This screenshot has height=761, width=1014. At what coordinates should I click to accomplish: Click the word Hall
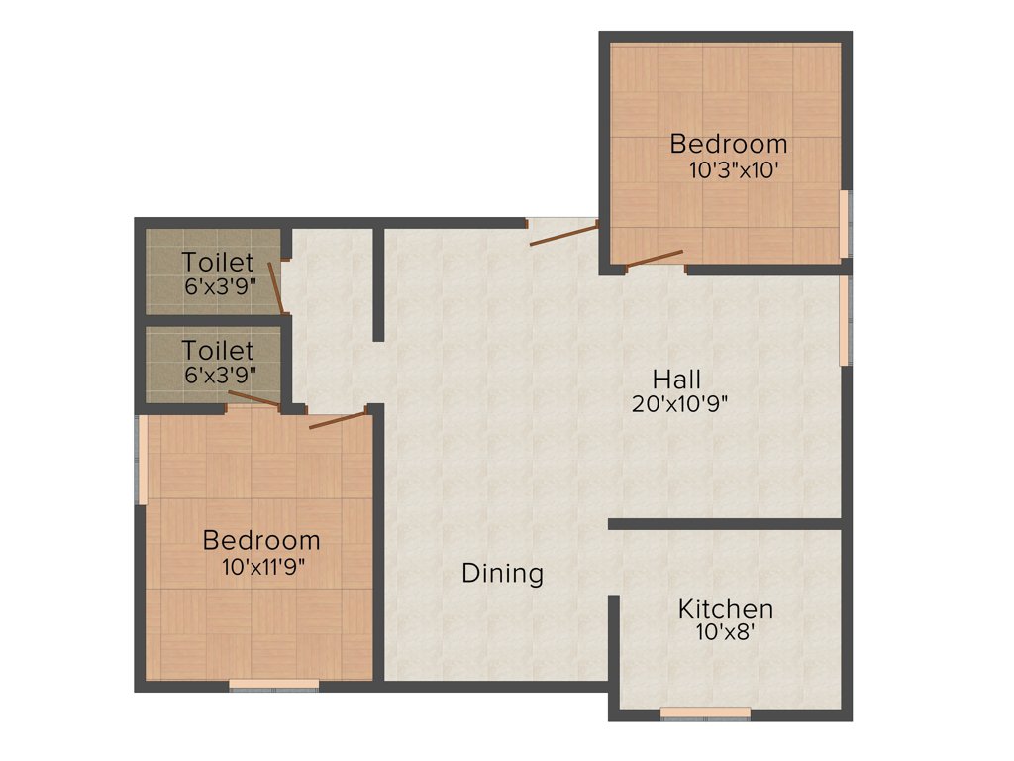tap(677, 379)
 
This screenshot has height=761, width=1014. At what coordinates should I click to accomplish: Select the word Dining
tap(502, 573)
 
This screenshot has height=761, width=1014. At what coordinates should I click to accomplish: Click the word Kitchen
tap(725, 608)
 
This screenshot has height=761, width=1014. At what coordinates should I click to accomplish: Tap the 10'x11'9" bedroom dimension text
tap(262, 567)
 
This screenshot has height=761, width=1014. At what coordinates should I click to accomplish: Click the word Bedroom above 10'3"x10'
tap(729, 144)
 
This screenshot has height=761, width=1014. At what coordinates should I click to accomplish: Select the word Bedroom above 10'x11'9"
tap(261, 541)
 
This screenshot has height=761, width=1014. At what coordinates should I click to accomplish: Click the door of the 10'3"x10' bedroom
tap(655, 259)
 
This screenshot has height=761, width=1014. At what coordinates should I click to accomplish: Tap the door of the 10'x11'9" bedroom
tap(337, 421)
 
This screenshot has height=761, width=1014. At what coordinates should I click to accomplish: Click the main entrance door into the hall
tap(563, 234)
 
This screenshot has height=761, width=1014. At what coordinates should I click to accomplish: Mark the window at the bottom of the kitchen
tap(705, 712)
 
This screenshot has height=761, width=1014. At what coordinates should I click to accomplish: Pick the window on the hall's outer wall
tap(845, 320)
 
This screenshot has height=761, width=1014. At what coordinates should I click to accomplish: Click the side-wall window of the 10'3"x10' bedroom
tap(845, 224)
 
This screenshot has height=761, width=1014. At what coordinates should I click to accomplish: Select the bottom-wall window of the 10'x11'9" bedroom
tap(274, 684)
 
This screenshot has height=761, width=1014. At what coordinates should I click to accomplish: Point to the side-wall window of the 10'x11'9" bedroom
tap(143, 460)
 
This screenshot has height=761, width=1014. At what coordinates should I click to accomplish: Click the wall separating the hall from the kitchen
tap(725, 523)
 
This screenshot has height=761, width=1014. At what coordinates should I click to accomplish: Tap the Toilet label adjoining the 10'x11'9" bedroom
tap(218, 351)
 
